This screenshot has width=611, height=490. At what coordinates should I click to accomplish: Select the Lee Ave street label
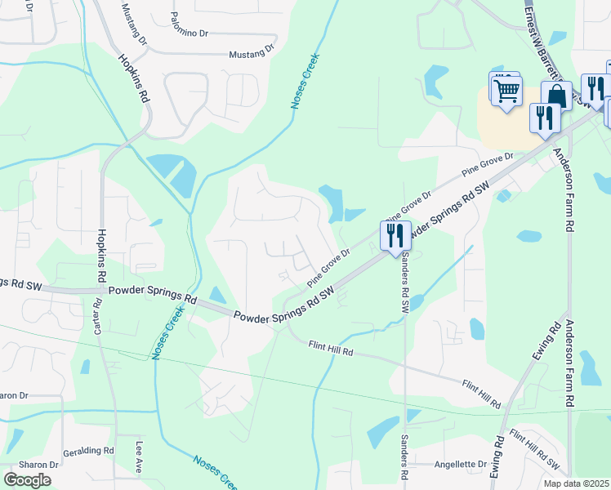point(140,457)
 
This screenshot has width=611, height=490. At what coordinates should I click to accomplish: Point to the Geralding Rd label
point(88,450)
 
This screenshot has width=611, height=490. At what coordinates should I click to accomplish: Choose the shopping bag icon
point(556,96)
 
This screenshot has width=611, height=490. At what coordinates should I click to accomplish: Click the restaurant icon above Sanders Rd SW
point(395,236)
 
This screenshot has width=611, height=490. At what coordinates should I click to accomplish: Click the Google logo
point(28,479)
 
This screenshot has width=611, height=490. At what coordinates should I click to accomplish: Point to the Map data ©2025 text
point(576,483)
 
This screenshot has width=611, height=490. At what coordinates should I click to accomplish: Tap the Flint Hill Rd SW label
point(534,450)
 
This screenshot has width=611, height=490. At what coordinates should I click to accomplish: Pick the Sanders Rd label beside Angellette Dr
point(404,456)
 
